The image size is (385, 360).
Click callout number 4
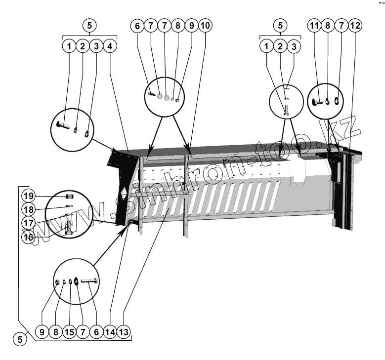pos(110,46)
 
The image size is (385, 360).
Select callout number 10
pos(205,25)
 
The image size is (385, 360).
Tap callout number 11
pos(314,25)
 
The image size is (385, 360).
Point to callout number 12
pos(354,25)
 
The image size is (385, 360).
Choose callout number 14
pos(110,332)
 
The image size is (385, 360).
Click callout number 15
pos(69,332)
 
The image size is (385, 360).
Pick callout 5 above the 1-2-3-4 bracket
pos(89,25)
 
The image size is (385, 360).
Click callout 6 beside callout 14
pos(96,332)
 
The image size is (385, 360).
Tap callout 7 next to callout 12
pos(341,25)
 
